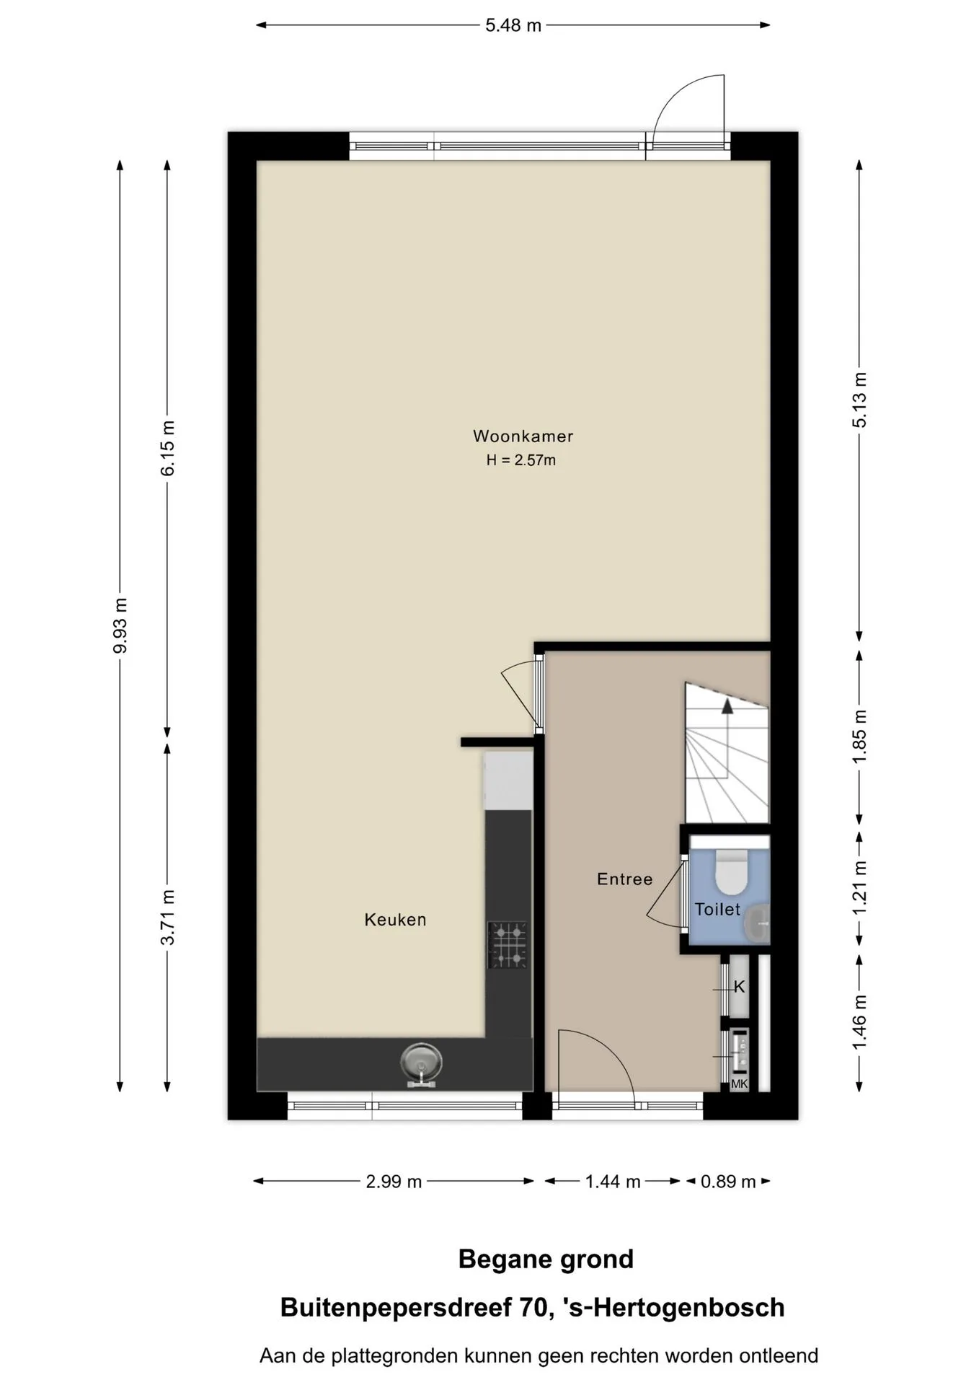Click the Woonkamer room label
coord(523,436)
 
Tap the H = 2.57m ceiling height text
coord(521,460)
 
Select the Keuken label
coord(395,920)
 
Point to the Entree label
coord(624,879)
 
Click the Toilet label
coord(717,909)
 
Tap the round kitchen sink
coord(422,1064)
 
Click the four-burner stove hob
coord(508,945)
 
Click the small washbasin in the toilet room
coord(758,923)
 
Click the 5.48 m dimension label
coord(513,25)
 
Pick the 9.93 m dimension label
coord(120,625)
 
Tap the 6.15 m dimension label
coord(167,448)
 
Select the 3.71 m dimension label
coord(167,917)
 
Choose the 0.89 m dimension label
coord(728,1182)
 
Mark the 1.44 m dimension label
coord(613,1182)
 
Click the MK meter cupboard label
coord(740,1083)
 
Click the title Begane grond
coord(546,1259)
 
